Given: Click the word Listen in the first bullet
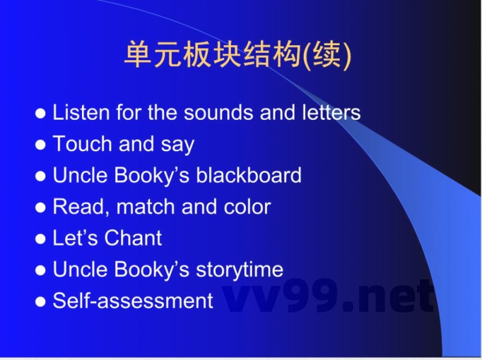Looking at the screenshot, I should [x=81, y=113].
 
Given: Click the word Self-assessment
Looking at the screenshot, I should [x=133, y=300].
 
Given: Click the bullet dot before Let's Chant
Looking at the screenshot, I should [x=40, y=238].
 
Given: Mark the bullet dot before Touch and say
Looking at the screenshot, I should [x=40, y=144].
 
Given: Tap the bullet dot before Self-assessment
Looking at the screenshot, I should [x=40, y=301].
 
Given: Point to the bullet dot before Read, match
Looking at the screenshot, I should [x=40, y=207].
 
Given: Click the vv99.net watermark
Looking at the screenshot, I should [x=328, y=296].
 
